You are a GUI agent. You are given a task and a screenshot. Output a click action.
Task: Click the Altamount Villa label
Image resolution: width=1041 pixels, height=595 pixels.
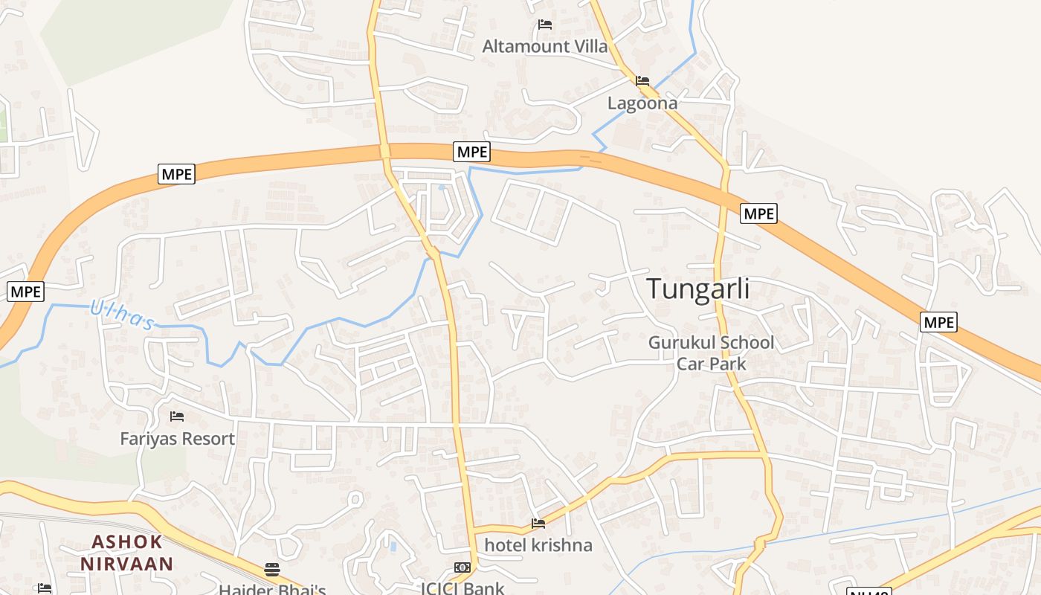545,46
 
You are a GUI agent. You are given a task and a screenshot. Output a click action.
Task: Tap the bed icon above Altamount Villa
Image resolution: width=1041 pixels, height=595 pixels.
545,25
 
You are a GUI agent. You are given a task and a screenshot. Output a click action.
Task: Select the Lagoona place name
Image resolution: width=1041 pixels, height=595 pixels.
642,103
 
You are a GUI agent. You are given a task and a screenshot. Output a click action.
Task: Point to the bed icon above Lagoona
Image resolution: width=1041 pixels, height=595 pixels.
642,80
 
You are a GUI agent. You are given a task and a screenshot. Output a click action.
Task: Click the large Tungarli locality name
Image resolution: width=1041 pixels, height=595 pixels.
697,289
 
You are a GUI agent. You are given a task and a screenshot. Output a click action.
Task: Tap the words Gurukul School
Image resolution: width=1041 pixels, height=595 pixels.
712,343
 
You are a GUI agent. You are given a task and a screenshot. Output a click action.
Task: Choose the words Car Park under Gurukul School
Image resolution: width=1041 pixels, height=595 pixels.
712,364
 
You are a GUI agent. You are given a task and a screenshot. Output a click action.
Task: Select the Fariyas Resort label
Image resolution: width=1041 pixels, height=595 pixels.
178,439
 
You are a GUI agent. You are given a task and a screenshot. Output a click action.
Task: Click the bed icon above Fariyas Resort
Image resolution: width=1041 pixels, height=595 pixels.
177,416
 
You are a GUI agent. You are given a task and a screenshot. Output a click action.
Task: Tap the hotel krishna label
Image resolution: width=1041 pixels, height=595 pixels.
538,545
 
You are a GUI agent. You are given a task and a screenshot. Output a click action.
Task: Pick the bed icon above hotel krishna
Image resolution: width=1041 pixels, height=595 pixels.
538,524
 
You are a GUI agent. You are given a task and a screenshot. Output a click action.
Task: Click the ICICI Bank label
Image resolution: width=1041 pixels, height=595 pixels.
463,588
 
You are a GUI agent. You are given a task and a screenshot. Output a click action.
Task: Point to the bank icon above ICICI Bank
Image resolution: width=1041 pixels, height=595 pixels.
463,567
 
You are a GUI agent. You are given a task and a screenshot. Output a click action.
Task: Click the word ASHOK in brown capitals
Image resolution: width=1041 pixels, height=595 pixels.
127,542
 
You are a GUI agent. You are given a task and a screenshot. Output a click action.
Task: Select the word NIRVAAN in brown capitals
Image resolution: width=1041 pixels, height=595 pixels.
127,563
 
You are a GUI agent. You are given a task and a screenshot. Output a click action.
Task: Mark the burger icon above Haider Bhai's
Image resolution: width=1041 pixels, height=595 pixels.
272,570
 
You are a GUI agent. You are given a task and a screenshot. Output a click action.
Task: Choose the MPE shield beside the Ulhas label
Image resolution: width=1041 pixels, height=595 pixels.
26,292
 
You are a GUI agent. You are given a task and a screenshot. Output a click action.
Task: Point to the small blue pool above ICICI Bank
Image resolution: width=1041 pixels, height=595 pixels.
393,547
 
